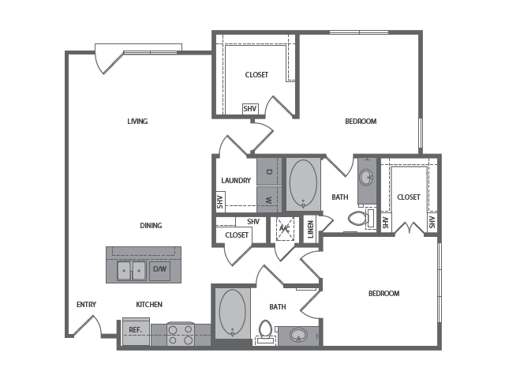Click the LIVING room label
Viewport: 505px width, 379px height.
[x=137, y=121]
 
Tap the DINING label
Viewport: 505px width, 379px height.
[x=151, y=225]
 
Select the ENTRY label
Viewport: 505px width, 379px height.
[x=86, y=304]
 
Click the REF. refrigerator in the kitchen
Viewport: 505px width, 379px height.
[x=136, y=332]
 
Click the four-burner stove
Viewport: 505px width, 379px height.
[x=181, y=334]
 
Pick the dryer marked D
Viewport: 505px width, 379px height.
[x=269, y=171]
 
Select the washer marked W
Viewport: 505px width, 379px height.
[x=269, y=200]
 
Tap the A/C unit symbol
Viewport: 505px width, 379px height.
[x=285, y=229]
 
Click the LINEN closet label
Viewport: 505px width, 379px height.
[x=310, y=229]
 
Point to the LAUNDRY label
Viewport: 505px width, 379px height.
[x=236, y=181]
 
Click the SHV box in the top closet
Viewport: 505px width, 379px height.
[x=250, y=109]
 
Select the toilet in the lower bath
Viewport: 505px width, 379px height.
[x=266, y=331]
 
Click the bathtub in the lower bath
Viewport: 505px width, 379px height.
[x=233, y=313]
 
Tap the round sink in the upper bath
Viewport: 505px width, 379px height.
[x=366, y=177]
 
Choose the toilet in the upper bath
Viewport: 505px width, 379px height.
[x=362, y=219]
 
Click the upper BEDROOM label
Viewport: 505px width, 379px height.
[x=361, y=121]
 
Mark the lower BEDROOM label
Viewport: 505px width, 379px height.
[x=384, y=293]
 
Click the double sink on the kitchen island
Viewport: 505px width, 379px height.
[x=132, y=271]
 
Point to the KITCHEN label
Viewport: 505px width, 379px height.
[x=149, y=304]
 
